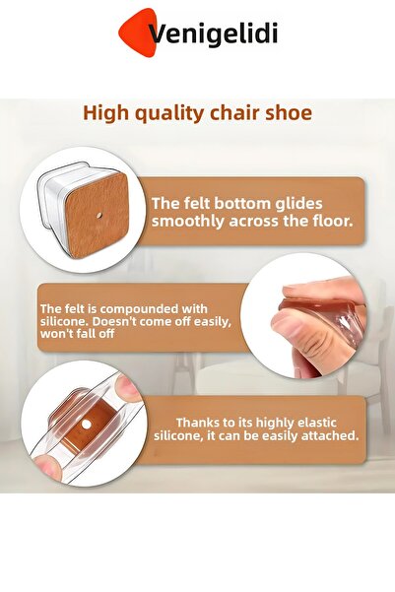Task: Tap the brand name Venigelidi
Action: pos(213,35)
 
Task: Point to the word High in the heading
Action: pos(103,112)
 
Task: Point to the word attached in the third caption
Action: pos(328,434)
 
